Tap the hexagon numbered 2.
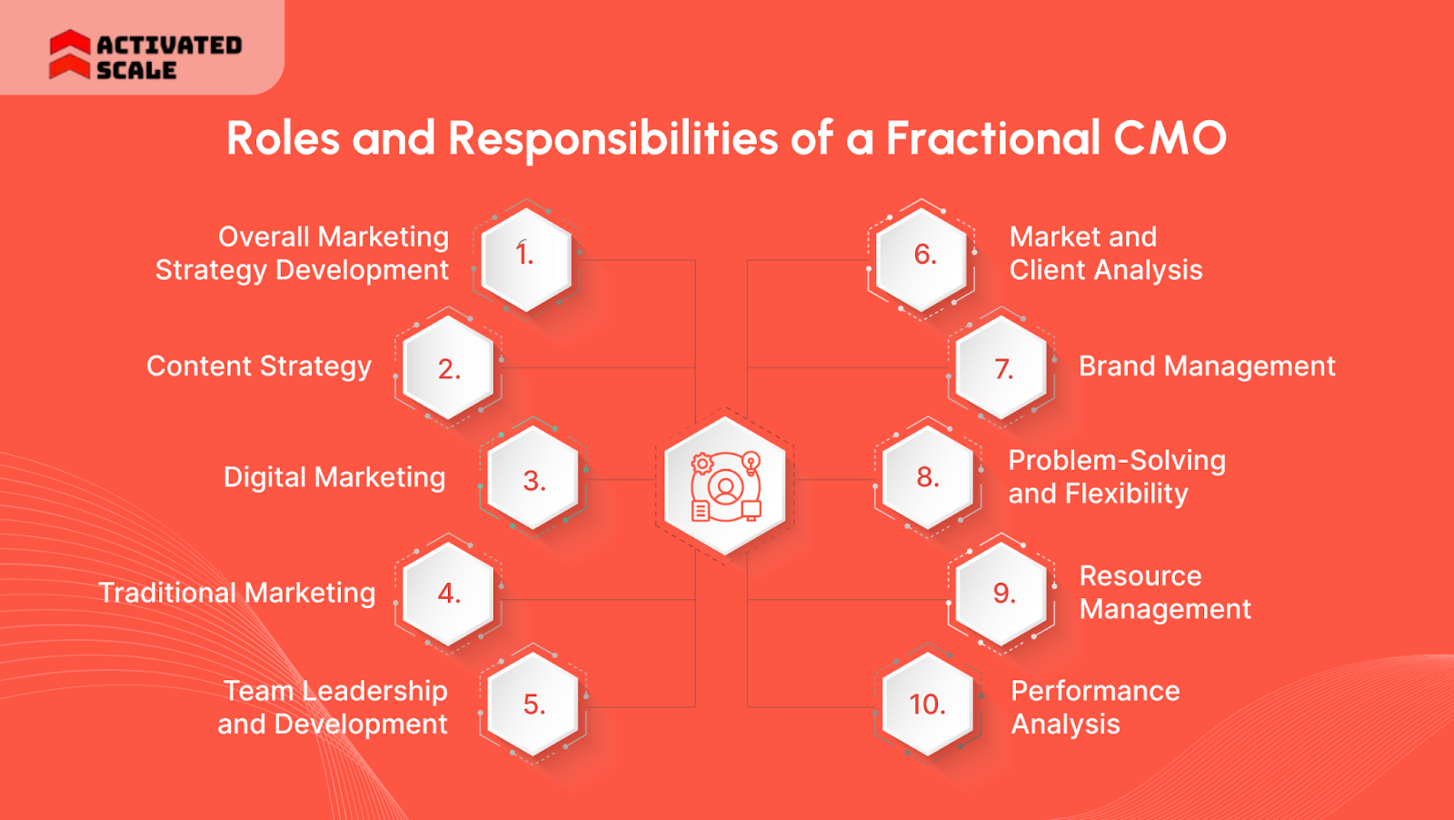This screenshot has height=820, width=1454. (448, 368)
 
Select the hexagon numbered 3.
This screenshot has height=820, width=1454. (533, 479)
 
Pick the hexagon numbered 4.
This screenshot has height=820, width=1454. (448, 594)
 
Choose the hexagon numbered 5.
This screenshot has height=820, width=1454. (533, 705)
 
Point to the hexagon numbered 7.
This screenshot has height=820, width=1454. (1002, 368)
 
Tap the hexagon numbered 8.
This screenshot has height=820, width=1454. (928, 478)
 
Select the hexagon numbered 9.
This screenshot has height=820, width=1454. (1002, 594)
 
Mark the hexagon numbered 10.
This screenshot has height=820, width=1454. (928, 705)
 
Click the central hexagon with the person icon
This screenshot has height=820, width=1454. (725, 485)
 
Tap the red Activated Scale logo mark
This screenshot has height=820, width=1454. (69, 55)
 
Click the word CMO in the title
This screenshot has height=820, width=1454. (1170, 138)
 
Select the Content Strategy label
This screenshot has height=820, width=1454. (259, 366)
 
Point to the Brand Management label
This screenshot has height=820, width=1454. (1207, 366)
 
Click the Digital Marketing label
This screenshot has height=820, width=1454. (334, 477)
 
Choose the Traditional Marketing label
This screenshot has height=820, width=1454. (237, 593)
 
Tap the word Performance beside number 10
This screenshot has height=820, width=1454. (1095, 691)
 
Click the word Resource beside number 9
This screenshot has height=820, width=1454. (1140, 576)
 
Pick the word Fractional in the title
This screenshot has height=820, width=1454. (993, 138)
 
